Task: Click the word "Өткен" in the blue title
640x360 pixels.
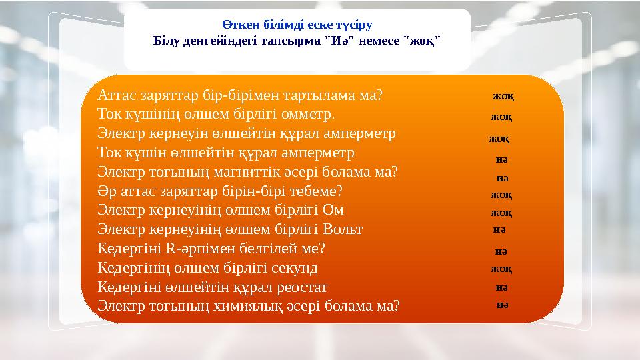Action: click(237, 24)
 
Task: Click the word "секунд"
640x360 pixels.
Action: click(294, 269)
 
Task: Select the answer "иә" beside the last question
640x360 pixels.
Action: click(503, 305)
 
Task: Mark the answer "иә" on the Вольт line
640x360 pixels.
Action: click(498, 229)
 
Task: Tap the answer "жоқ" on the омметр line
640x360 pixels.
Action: click(501, 117)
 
